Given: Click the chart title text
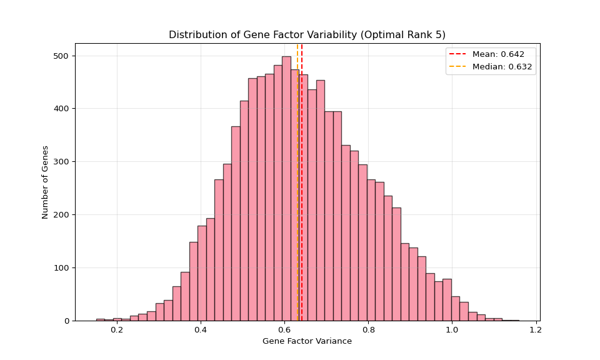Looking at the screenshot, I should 307,35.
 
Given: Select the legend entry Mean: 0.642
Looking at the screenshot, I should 498,54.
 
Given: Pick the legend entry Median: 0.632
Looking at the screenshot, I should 502,67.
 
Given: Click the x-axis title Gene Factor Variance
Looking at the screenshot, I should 307,341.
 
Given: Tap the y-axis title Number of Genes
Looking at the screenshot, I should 45,182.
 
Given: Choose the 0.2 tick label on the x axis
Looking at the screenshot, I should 117,329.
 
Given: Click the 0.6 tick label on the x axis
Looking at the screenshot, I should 284,329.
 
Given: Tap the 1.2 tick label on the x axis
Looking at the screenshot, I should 536,329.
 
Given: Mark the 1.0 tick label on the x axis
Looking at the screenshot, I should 452,329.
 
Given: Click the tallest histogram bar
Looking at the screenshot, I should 286,187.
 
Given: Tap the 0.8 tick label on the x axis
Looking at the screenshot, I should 368,329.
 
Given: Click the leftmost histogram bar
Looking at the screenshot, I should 100,319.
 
